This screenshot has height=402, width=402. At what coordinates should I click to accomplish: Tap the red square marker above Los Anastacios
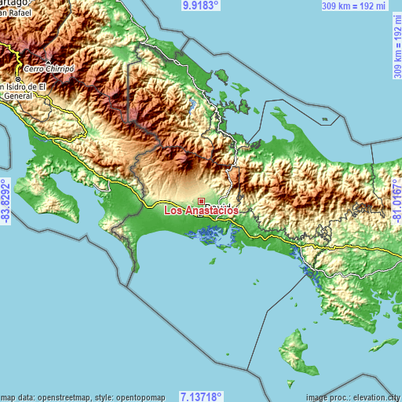click(x=201, y=201)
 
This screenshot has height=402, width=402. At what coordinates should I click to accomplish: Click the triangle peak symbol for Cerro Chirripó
click(x=49, y=63)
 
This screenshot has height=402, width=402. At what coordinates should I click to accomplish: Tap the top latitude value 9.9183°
click(x=201, y=5)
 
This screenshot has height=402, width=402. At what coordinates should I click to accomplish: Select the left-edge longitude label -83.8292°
click(x=6, y=201)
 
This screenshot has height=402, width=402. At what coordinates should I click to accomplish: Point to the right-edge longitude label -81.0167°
click(x=396, y=201)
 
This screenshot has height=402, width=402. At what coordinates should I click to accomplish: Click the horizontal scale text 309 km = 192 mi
click(x=353, y=5)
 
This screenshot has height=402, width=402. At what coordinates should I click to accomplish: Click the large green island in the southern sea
click(x=294, y=349)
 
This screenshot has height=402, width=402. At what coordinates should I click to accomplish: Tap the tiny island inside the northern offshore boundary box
click(x=323, y=120)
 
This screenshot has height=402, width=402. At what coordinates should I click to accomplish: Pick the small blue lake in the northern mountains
click(x=192, y=104)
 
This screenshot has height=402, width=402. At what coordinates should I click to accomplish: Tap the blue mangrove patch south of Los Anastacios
click(x=210, y=232)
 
